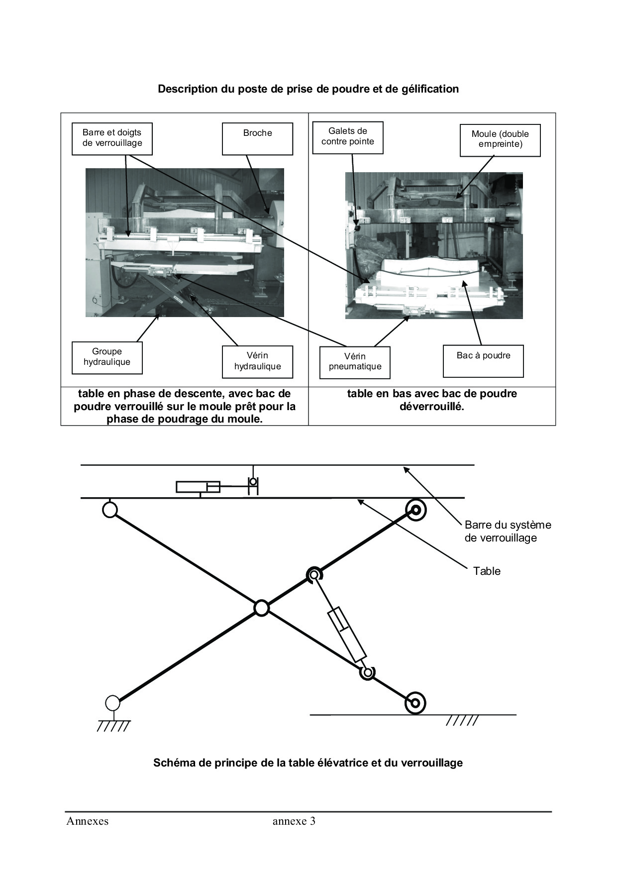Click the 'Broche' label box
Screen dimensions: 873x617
(257, 139)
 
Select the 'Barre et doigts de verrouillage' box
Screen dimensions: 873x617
(112, 139)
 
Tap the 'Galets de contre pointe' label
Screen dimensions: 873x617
(348, 137)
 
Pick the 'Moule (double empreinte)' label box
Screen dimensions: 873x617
(500, 140)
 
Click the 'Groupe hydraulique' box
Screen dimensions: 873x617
(107, 357)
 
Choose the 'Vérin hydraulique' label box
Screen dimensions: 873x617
(257, 361)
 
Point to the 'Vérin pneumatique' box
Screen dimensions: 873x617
(355, 362)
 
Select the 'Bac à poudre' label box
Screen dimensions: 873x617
(483, 361)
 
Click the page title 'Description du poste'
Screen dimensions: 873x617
(308, 89)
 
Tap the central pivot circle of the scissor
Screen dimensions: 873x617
(261, 608)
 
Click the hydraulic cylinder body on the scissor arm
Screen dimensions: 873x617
(347, 635)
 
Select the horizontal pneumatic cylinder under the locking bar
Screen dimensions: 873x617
(198, 487)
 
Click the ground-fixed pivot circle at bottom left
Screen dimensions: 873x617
(113, 703)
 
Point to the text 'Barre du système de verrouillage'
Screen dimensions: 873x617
(508, 531)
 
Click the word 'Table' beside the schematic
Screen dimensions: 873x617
(487, 571)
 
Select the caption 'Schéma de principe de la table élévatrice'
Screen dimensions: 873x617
(308, 763)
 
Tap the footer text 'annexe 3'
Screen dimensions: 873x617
(294, 821)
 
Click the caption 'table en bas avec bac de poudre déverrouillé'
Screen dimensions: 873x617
(432, 400)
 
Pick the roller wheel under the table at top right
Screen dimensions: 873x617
(415, 510)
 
